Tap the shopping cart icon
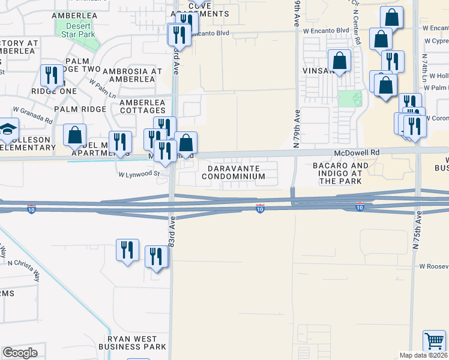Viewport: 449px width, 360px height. click(x=433, y=341)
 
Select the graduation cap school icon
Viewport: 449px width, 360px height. click(x=8, y=130)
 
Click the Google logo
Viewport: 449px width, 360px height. click(x=20, y=353)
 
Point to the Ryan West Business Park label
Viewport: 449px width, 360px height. click(x=137, y=343)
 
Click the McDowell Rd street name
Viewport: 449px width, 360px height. click(x=358, y=153)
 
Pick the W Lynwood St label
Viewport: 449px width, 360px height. click(x=139, y=174)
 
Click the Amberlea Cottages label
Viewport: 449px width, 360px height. click(x=142, y=106)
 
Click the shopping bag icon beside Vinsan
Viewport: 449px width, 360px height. click(x=339, y=61)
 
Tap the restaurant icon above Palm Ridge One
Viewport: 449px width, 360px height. click(x=51, y=76)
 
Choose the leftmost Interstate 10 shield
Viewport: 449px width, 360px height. click(x=31, y=209)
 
